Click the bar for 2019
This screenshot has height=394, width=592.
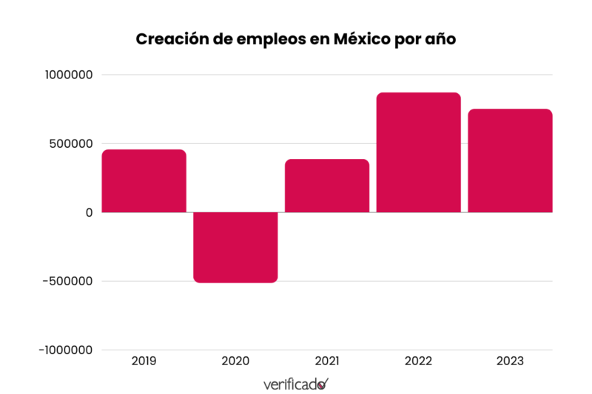[x=144, y=181]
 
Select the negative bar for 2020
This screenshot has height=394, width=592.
[x=235, y=247]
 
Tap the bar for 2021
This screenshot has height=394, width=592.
[x=327, y=186]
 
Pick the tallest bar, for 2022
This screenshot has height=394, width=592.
[x=418, y=152]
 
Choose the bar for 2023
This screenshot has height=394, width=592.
[x=510, y=160]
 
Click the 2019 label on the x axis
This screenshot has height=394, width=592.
[x=144, y=361]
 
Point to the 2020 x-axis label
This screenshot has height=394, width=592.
[x=235, y=361]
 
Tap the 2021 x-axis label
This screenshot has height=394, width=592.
[x=327, y=361]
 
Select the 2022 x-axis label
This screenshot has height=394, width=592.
[x=418, y=361]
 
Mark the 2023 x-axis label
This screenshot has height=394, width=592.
[x=510, y=361]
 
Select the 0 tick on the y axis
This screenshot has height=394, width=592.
[x=89, y=212]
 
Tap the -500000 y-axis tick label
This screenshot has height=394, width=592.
[x=67, y=281]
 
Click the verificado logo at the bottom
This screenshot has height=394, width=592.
[x=296, y=384]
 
